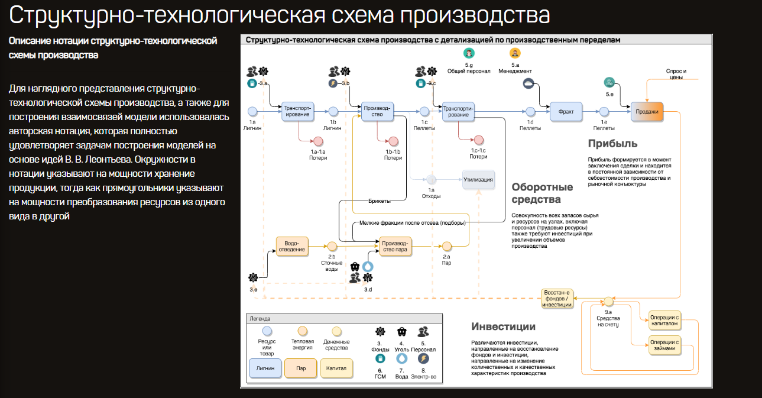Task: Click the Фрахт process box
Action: (x=566, y=111)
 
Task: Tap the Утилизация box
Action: (x=478, y=179)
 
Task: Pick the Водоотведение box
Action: (x=294, y=246)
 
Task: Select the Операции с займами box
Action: (x=664, y=345)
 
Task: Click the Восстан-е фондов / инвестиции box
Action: (x=556, y=297)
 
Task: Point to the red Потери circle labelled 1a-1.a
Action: (x=318, y=141)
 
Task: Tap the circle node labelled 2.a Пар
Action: (x=446, y=246)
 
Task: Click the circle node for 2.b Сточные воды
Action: (x=332, y=246)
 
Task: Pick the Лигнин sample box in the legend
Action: (x=265, y=368)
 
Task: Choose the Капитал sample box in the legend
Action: (x=336, y=368)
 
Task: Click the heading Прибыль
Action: (x=612, y=144)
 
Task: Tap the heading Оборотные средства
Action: (x=542, y=193)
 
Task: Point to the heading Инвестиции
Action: (x=503, y=326)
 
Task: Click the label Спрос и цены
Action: (x=676, y=74)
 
